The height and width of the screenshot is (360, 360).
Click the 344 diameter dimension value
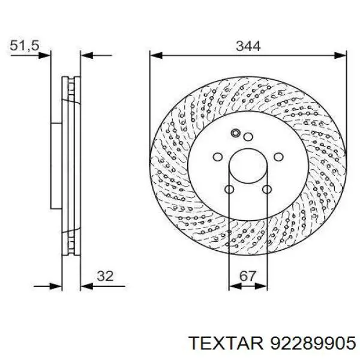[x=248, y=46]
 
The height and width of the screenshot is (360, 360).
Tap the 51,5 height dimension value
[x=25, y=46]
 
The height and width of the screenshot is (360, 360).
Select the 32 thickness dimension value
[x=105, y=276]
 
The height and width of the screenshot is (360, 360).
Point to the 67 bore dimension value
[x=248, y=276]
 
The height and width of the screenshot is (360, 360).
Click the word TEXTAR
[x=226, y=343]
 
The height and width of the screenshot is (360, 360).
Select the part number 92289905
[x=313, y=343]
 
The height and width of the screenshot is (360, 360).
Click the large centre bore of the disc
[x=248, y=166]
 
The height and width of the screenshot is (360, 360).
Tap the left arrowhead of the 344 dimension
[x=156, y=55]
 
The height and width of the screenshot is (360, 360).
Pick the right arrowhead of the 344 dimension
[x=340, y=55]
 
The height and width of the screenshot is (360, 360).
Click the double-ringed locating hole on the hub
[x=236, y=133]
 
